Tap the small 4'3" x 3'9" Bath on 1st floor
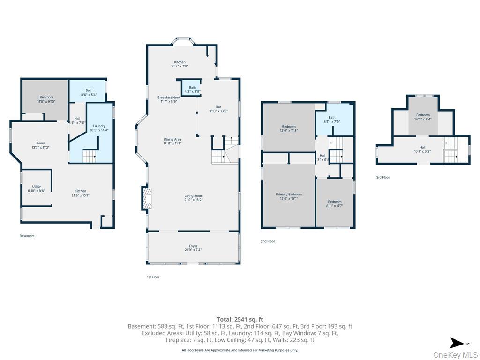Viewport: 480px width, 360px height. pos(192,89)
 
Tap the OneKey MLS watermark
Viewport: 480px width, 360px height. pos(455,354)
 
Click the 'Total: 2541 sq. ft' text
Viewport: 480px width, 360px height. pos(240,319)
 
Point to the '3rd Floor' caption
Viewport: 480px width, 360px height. pos(383,177)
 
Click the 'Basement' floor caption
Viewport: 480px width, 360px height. pos(27,236)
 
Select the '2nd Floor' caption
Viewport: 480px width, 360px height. pos(268,241)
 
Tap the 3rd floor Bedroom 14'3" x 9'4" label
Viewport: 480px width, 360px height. pos(423,117)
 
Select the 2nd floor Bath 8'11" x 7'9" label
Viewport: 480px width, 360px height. pos(332,120)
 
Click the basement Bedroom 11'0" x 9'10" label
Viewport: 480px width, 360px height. pos(46,99)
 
